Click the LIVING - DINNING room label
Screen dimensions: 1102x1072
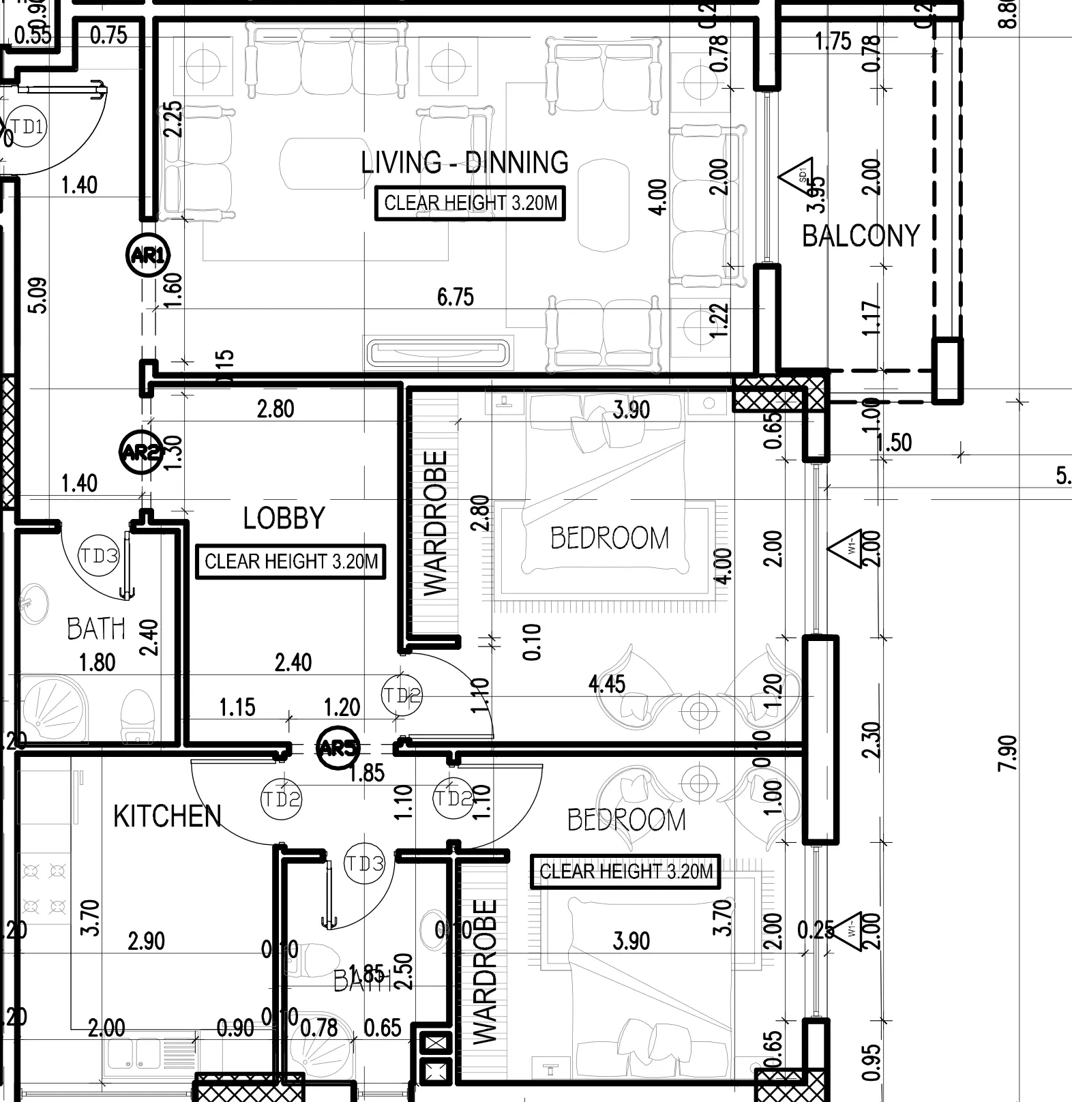tap(464, 162)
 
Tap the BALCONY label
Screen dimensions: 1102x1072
tap(861, 236)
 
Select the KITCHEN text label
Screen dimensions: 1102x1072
tap(168, 816)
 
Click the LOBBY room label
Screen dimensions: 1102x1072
tap(284, 518)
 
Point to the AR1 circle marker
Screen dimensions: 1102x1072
tap(148, 255)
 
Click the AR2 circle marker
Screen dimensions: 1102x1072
tap(140, 451)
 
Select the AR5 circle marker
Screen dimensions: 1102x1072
tap(338, 748)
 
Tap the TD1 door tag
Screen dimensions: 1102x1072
tap(27, 127)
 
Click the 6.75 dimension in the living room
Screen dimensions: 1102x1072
tap(455, 297)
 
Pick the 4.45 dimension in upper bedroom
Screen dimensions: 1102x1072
tap(607, 684)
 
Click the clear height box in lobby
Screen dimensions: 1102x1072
tap(291, 562)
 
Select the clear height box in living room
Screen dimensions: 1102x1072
tap(471, 203)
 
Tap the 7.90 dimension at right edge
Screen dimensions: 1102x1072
tap(1008, 753)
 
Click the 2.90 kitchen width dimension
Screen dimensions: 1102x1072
tap(146, 941)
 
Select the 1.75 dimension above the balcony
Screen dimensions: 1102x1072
tap(833, 42)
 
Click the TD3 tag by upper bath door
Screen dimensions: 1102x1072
tap(100, 556)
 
